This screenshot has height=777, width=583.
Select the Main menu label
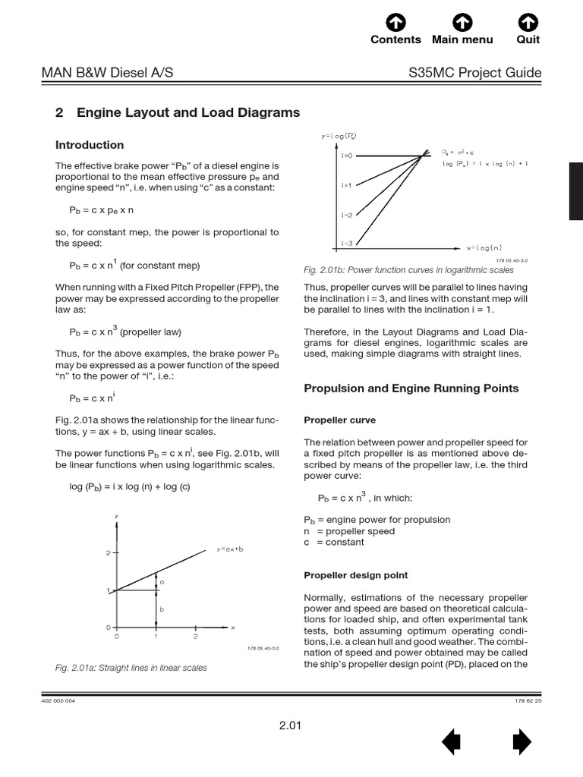462,39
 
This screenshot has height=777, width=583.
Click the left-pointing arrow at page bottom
451,741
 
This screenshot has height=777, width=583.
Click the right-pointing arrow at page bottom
522,741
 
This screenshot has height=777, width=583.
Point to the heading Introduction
90,145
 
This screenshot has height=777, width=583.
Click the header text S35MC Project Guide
474,73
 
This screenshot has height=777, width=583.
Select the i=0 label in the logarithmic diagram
325,156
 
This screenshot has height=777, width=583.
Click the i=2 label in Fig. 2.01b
325,215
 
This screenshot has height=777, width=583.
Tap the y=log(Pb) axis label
339,136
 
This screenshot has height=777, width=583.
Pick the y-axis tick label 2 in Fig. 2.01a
108,553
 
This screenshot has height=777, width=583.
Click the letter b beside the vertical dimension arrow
162,609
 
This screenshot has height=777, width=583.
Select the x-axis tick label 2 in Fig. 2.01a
195,637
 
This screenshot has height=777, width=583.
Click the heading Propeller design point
355,576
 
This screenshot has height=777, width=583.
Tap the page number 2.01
290,725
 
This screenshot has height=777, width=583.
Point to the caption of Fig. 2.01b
408,270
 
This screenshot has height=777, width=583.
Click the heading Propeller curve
339,420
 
